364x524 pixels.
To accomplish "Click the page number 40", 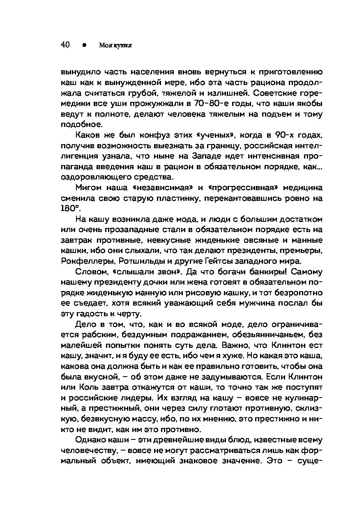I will point(65,45).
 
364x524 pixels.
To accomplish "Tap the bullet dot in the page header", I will point(84,45).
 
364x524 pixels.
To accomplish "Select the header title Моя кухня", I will point(115,45).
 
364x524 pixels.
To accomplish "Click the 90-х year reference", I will point(267,135).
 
